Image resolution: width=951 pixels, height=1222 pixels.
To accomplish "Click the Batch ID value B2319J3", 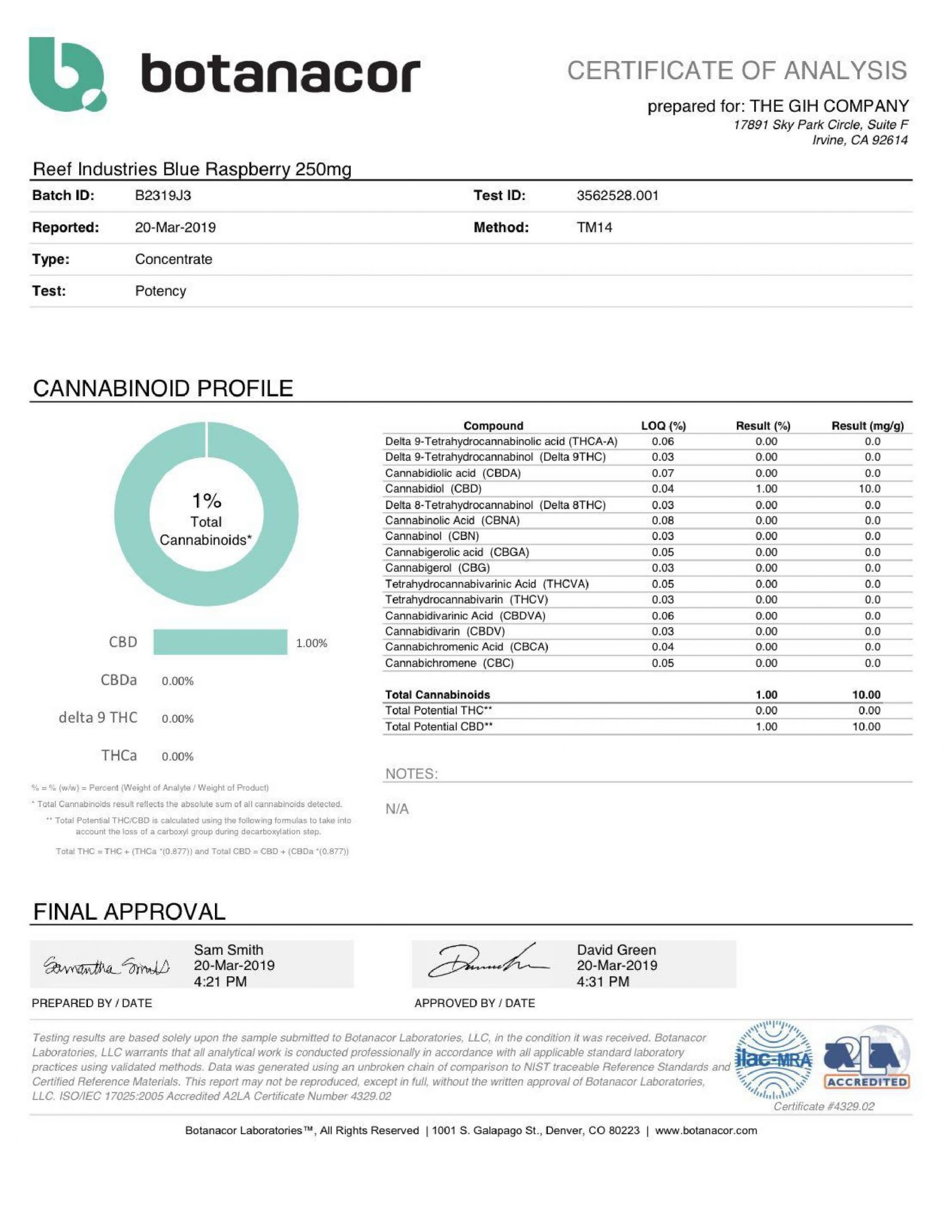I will (x=163, y=196).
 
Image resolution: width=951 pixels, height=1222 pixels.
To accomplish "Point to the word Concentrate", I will (x=173, y=260).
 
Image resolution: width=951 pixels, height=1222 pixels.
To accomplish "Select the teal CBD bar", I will (x=220, y=643).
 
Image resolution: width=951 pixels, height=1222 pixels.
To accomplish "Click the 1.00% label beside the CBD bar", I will (x=311, y=643).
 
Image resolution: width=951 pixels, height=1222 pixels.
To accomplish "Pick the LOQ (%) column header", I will (x=663, y=426).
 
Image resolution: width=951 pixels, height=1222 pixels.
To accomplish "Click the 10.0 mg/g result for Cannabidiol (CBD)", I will (x=869, y=489).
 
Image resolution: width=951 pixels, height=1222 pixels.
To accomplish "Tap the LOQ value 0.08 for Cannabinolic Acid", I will (x=662, y=521).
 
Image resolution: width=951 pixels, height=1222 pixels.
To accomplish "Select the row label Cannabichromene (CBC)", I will (x=449, y=664).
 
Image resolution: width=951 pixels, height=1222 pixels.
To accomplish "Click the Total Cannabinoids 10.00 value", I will (x=866, y=695).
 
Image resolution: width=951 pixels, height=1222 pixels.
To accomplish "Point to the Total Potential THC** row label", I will (x=438, y=711).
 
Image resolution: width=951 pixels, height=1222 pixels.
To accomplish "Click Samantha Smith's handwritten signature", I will (x=107, y=966).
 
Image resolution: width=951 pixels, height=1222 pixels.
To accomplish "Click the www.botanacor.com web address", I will (x=706, y=1131).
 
